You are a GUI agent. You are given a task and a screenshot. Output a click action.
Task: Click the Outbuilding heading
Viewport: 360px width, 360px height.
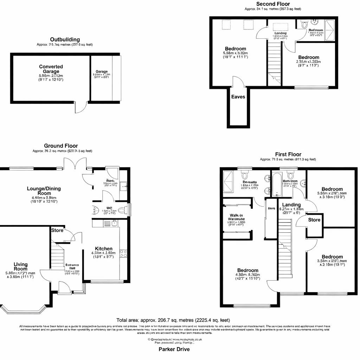tap(65, 39)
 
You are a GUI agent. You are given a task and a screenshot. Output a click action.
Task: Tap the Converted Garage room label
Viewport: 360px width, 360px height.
tap(51, 69)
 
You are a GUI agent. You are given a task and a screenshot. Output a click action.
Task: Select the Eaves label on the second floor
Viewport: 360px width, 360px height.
tap(238, 97)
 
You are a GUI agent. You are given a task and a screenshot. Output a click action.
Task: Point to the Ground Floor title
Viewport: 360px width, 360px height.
tap(61, 146)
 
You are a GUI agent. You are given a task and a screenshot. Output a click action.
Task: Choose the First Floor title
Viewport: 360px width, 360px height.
tap(288, 154)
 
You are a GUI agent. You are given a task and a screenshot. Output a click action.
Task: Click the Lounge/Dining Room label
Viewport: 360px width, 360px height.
tap(44, 191)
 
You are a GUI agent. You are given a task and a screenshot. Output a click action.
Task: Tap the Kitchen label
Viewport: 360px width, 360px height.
tap(104, 249)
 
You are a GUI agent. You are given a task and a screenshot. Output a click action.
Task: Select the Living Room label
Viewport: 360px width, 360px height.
tap(20, 266)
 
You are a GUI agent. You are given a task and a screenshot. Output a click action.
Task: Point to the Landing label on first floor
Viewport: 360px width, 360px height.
tap(291, 205)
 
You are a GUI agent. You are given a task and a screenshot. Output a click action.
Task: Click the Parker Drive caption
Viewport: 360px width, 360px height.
tap(174, 349)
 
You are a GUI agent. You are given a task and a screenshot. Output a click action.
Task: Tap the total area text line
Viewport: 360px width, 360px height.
tap(173, 320)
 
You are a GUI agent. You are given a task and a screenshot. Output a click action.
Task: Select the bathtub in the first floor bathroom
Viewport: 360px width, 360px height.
tap(277, 185)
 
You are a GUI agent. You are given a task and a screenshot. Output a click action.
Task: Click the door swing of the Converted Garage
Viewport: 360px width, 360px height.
tap(81, 108)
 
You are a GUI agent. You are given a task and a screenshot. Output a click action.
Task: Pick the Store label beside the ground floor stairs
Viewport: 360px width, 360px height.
tap(57, 230)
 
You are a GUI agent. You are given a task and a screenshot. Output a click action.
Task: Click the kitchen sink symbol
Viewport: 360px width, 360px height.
tap(114, 223)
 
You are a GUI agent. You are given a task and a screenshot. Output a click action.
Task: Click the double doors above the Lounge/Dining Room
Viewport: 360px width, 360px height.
tap(75, 163)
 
